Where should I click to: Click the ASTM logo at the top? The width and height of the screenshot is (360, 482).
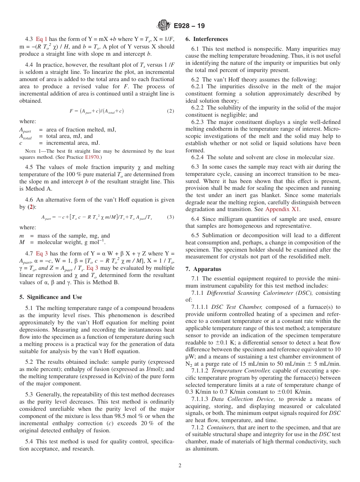pyautogui.click(x=164, y=26)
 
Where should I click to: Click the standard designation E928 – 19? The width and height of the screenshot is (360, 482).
pyautogui.click(x=189, y=26)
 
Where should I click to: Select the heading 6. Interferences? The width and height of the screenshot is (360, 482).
pyautogui.click(x=207, y=39)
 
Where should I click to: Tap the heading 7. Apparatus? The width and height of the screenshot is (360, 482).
pyautogui.click(x=203, y=269)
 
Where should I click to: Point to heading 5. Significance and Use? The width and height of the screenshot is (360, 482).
pyautogui.click(x=51, y=297)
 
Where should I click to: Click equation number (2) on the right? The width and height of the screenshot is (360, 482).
pyautogui.click(x=170, y=111)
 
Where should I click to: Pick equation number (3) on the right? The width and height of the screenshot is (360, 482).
pyautogui.click(x=170, y=217)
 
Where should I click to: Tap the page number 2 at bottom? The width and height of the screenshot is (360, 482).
pyautogui.click(x=180, y=465)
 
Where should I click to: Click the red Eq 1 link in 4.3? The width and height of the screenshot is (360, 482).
pyautogui.click(x=42, y=39)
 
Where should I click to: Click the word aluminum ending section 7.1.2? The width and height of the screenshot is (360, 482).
pyautogui.click(x=206, y=449)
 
